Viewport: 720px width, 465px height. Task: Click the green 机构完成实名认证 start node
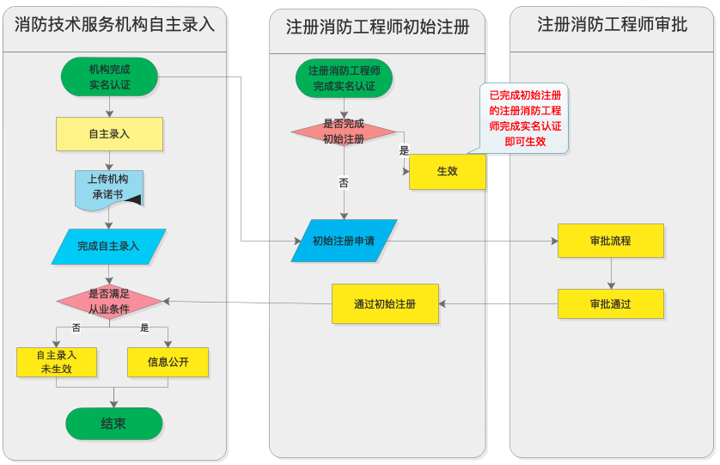click(x=109, y=76)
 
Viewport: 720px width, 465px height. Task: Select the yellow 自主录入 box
click(x=109, y=134)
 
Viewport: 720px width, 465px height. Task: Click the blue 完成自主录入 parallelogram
click(x=108, y=246)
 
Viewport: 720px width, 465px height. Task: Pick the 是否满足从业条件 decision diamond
click(x=109, y=301)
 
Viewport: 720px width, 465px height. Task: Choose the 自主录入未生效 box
click(x=56, y=362)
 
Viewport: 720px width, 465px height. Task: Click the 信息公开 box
click(x=168, y=362)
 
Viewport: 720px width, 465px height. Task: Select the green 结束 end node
click(x=113, y=424)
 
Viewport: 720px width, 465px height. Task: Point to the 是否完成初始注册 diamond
click(x=344, y=132)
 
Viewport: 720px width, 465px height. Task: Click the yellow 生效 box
click(x=447, y=171)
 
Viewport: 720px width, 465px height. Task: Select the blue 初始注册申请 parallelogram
click(x=344, y=241)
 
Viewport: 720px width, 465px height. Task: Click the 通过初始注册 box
click(x=385, y=303)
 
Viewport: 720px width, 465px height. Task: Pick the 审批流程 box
click(x=610, y=241)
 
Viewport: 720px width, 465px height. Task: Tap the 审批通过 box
click(x=610, y=304)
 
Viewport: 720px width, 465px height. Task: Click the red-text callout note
click(x=525, y=119)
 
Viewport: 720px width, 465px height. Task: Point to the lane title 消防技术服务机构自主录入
click(x=114, y=25)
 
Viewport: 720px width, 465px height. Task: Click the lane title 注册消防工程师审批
click(x=612, y=25)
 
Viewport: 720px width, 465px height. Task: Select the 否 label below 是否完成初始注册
click(x=344, y=183)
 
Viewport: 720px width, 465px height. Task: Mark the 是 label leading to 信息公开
click(x=144, y=327)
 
